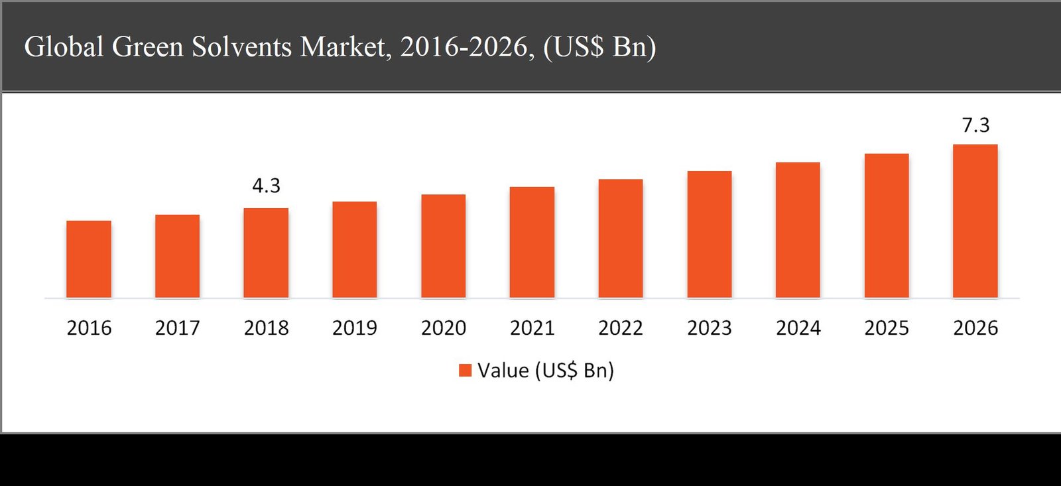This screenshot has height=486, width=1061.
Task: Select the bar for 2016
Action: tap(89, 259)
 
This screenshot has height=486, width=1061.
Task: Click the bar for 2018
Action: tap(266, 253)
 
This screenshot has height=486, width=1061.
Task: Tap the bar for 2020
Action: tap(443, 246)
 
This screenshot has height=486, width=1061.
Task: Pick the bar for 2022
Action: tap(621, 239)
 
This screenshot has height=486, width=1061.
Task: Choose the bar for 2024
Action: tap(798, 230)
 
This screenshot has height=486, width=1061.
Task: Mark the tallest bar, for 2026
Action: tap(975, 221)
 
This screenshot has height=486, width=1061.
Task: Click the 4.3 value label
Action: tap(266, 186)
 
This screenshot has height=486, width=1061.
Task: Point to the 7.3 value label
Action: tap(975, 125)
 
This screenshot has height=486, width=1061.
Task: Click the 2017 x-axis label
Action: tap(177, 328)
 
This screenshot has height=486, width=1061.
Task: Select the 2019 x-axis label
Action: tap(355, 328)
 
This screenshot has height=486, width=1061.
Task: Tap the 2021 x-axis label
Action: tap(532, 328)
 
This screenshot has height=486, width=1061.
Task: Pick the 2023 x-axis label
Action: tap(709, 328)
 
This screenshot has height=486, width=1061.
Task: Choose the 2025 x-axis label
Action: tap(887, 328)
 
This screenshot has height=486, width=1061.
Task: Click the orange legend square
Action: tap(465, 370)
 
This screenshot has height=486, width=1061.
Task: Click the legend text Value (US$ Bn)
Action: tap(546, 370)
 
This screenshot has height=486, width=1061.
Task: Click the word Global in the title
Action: tap(64, 47)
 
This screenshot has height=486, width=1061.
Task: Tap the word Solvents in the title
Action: tap(241, 47)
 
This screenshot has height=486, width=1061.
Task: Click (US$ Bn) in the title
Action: tap(599, 47)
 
